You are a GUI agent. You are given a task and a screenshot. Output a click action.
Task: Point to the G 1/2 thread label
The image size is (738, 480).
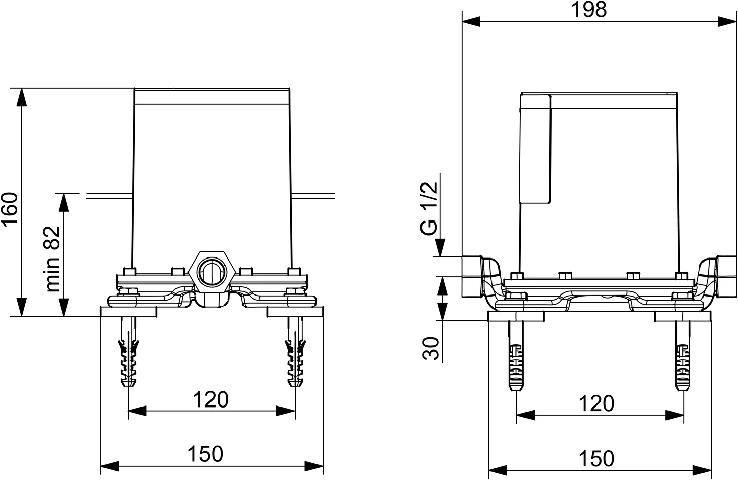[x=429, y=208]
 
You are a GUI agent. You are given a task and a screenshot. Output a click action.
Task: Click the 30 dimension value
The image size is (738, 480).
[x=431, y=348]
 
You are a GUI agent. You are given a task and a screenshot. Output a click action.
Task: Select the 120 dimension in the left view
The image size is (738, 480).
[x=210, y=400]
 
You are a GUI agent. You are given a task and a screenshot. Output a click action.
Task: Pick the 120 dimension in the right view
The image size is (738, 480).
[x=596, y=404]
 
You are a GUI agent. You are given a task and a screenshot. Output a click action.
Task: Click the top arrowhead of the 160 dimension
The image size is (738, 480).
[x=21, y=96]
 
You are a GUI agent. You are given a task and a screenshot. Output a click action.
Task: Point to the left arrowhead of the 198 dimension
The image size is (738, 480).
[x=471, y=21]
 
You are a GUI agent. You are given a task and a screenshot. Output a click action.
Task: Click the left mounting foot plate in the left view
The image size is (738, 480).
[x=129, y=312]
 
